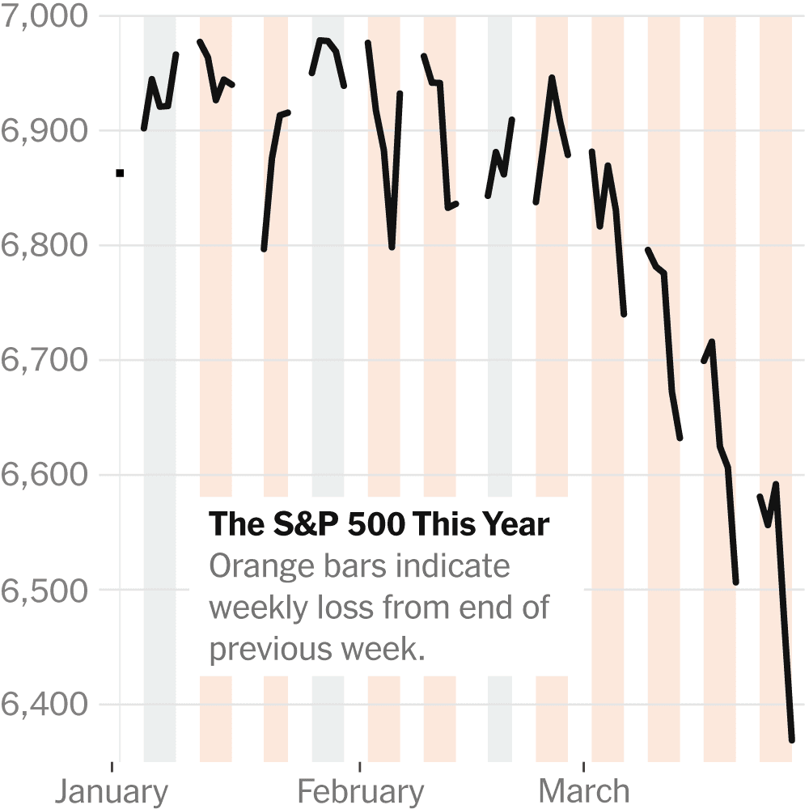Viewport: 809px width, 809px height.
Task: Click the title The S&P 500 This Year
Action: click(379, 524)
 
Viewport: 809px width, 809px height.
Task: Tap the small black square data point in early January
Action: click(120, 172)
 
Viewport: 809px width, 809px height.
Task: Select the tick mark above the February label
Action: click(360, 765)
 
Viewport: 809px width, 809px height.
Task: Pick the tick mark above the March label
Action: click(583, 765)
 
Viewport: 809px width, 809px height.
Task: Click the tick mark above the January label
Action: click(112, 765)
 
